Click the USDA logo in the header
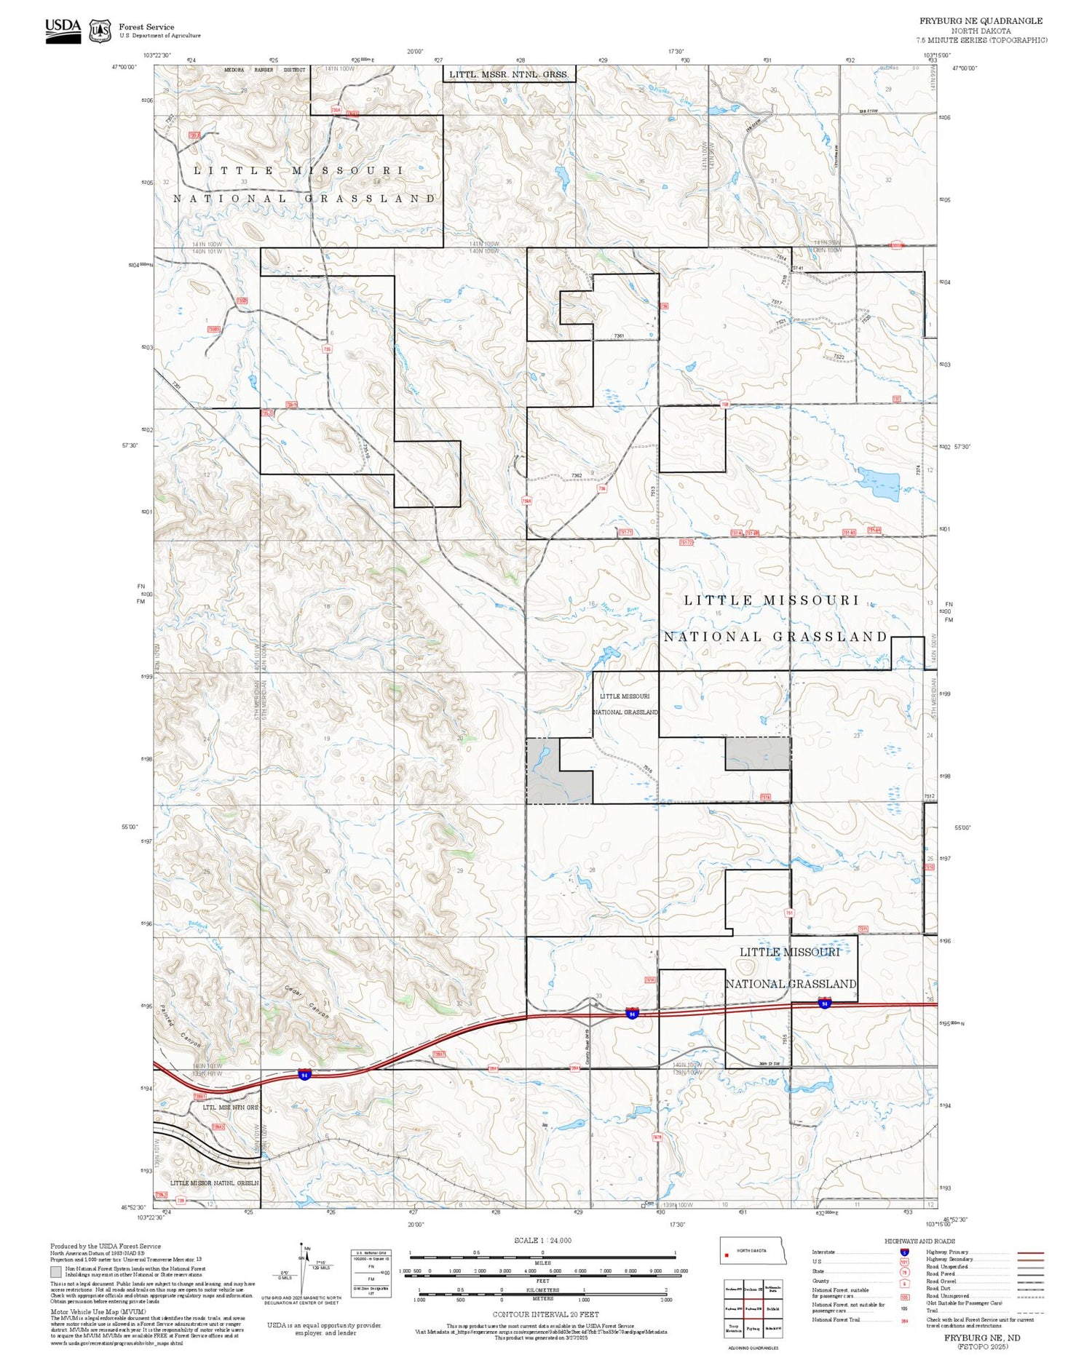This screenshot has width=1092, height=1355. click(63, 30)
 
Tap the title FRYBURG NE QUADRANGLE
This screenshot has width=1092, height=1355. click(980, 20)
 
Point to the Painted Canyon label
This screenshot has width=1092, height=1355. click(178, 1027)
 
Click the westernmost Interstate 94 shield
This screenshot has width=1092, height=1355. click(304, 1074)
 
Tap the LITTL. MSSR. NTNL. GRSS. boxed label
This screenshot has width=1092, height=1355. click(508, 73)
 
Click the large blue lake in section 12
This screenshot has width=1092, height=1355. click(879, 483)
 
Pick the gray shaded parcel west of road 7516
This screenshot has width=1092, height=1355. click(542, 771)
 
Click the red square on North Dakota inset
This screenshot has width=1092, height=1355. click(727, 1254)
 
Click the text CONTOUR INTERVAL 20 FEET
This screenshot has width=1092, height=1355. click(545, 1314)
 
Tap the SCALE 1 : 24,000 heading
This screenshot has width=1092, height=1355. click(542, 1240)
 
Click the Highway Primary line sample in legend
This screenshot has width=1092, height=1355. click(1026, 1252)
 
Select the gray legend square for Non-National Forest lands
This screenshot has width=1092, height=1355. click(56, 1271)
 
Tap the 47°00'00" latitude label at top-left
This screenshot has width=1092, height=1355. click(124, 67)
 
